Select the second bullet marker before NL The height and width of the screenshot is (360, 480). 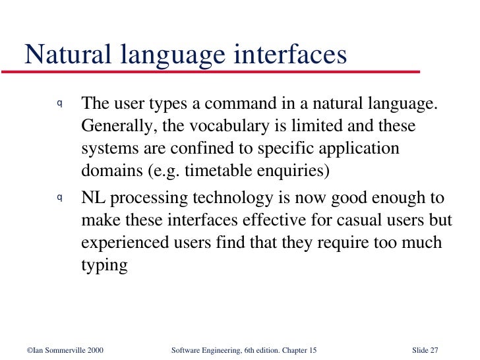click(59, 196)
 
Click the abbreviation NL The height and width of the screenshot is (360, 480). click(93, 198)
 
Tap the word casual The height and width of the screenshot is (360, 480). click(343, 220)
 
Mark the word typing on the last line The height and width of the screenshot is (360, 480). click(104, 266)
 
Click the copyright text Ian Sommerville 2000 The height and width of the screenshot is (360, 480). click(65, 349)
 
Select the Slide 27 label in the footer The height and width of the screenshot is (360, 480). click(425, 349)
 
